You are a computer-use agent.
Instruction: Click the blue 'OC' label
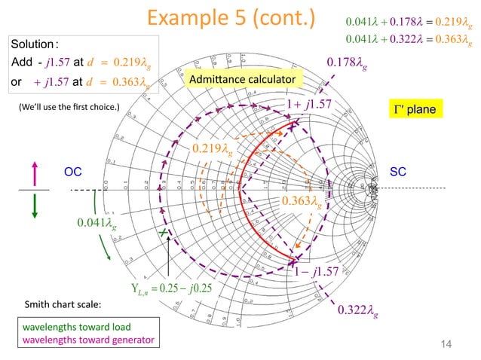[72, 172]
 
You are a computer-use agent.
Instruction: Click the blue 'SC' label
[399, 172]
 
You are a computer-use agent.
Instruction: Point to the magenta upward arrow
[34, 165]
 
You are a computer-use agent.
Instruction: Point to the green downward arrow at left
[34, 206]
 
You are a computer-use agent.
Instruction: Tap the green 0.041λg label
[97, 223]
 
